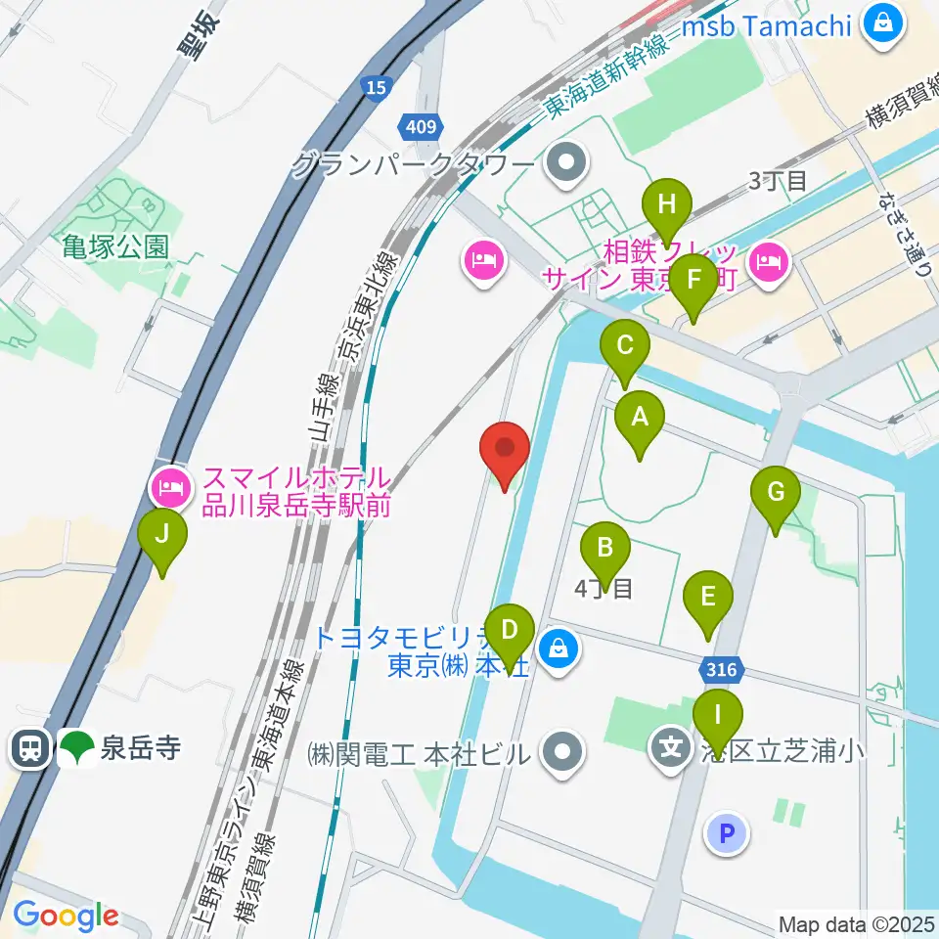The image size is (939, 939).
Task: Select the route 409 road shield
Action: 423,124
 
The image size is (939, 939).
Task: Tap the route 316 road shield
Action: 722,672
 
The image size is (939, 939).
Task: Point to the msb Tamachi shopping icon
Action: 882,23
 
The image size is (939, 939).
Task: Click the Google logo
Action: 66,917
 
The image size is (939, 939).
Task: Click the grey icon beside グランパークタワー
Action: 565,163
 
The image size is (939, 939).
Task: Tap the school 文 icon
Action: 671,749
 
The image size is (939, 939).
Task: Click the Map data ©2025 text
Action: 856,923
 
